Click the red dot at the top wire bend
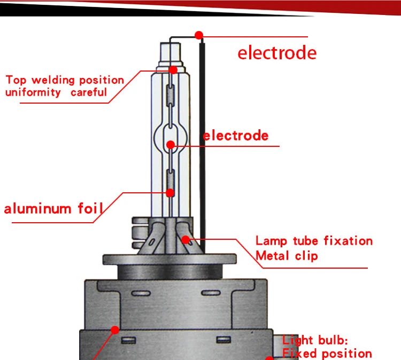pyautogui.click(x=199, y=35)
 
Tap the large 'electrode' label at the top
pyautogui.click(x=277, y=53)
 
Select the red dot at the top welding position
pyautogui.click(x=173, y=70)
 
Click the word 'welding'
pyautogui.click(x=53, y=80)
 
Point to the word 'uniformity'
pyautogui.click(x=33, y=92)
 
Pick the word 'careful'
pyautogui.click(x=89, y=92)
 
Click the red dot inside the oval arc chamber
pyautogui.click(x=171, y=145)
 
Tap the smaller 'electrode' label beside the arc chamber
pyautogui.click(x=236, y=135)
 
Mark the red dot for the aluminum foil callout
pyautogui.click(x=170, y=193)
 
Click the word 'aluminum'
pyautogui.click(x=37, y=209)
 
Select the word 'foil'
pyautogui.click(x=90, y=208)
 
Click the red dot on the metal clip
pyautogui.click(x=186, y=240)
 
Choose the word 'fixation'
pyautogui.click(x=348, y=241)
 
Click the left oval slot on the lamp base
pyautogui.click(x=141, y=293)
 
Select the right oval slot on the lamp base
pyautogui.click(x=211, y=293)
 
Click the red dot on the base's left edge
pyautogui.click(x=115, y=330)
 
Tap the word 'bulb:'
pyautogui.click(x=333, y=340)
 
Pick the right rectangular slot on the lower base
pyautogui.click(x=223, y=340)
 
